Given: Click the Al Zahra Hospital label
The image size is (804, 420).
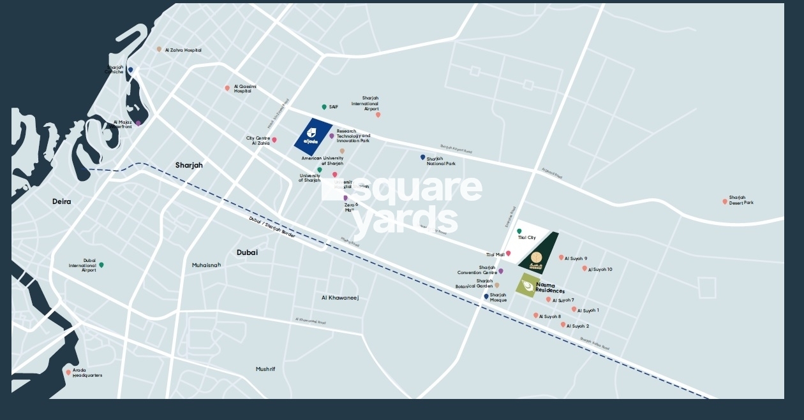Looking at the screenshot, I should [183, 50].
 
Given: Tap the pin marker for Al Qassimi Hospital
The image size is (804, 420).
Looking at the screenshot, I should [227, 89].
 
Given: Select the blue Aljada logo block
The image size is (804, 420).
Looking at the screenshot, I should [313, 135].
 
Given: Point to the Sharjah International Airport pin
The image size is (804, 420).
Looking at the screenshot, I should [378, 115].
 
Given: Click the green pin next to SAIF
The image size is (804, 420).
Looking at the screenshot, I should [324, 107].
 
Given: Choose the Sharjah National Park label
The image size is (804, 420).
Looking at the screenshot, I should [441, 161].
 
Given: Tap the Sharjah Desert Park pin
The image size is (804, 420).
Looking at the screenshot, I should [725, 201].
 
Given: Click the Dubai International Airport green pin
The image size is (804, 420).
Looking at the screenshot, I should [101, 265].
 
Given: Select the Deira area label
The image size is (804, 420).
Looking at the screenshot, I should [62, 201].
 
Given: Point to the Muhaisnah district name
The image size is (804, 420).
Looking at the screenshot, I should [206, 265].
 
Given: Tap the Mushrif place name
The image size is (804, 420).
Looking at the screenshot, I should [265, 369].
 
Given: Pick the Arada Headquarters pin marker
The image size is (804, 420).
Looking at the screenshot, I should [68, 372].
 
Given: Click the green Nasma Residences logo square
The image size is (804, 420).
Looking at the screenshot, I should [527, 285].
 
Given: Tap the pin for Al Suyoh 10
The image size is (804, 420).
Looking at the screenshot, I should [584, 268].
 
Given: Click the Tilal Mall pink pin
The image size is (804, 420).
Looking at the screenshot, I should [509, 254].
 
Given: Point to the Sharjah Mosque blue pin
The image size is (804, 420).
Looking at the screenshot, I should [486, 296].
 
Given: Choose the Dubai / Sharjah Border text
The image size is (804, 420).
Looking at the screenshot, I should [272, 226].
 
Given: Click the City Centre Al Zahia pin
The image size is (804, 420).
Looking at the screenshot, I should [274, 140].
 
